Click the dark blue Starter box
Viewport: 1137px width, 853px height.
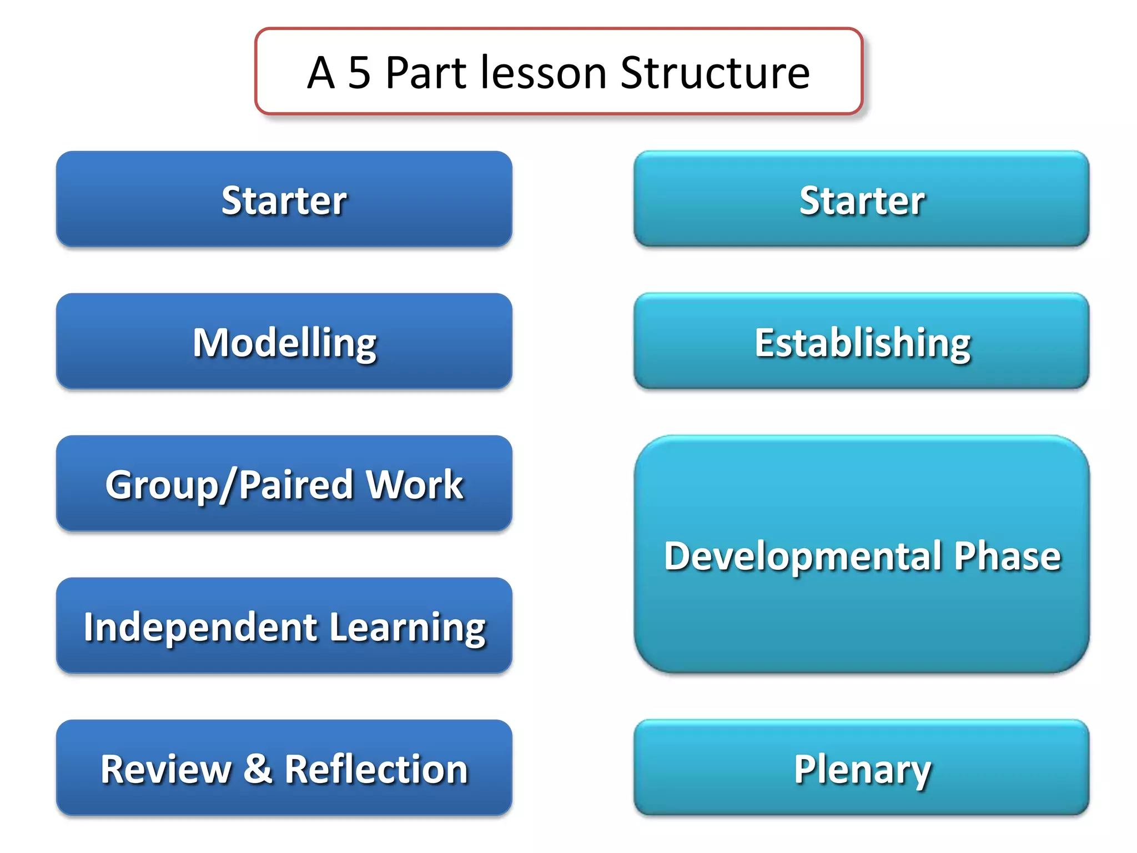coord(284,199)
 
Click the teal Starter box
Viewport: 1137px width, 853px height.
coord(861,199)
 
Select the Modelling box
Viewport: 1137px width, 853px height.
coord(284,342)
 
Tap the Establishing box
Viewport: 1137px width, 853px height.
coord(861,342)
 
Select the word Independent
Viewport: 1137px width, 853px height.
coord(200,627)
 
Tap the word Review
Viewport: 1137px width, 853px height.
coord(165,769)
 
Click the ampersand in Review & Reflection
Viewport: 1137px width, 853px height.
coord(258,769)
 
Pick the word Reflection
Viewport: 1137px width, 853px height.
coord(376,769)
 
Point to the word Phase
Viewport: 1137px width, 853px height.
coord(1007,556)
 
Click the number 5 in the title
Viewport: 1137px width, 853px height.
coord(359,73)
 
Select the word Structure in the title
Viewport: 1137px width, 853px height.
coord(715,73)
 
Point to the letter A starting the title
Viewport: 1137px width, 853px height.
coord(321,73)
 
